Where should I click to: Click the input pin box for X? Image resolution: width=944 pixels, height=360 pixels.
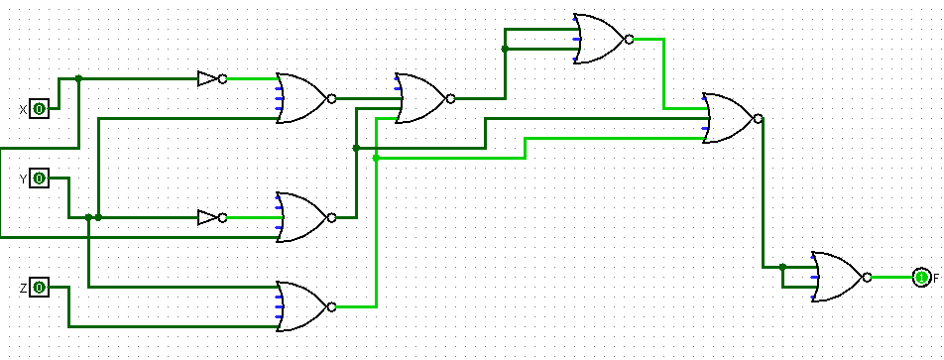39,108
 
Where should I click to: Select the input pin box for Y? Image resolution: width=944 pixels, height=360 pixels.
39,179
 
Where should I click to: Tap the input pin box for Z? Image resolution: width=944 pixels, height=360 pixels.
39,288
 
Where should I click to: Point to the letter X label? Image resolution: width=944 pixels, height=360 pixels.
23,109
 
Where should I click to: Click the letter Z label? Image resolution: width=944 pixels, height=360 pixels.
23,288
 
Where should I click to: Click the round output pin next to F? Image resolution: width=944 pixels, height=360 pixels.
921,278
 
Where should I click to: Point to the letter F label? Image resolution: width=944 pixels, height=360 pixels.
935,279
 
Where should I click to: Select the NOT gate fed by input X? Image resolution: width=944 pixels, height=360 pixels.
209,78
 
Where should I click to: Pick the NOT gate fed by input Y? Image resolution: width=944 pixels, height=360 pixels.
209,217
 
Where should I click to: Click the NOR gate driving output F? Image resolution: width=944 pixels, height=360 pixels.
838,277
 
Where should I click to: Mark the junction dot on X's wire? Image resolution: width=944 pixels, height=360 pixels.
79,78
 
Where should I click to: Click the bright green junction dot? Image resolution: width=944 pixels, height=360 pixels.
376,158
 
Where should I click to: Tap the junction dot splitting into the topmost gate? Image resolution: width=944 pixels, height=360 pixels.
505,49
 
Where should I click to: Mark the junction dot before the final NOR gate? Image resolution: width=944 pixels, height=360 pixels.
782,267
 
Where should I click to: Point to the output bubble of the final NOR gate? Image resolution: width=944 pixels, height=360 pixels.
867,278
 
